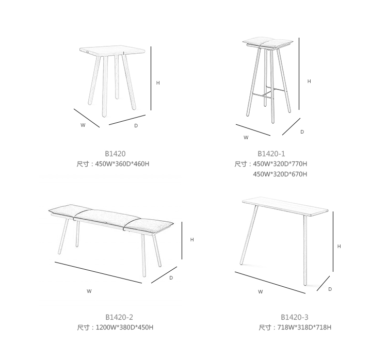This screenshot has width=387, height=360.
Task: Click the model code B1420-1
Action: [271, 154]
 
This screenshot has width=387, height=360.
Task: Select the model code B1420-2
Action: [119, 317]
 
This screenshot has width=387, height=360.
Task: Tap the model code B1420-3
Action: [295, 317]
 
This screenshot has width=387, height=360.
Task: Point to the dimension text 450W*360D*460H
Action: [122, 164]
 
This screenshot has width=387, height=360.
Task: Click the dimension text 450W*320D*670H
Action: [280, 174]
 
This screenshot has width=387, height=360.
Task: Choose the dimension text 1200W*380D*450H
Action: [125, 328]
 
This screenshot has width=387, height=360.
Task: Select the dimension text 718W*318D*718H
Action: [304, 328]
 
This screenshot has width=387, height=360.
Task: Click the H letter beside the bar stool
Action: [309, 81]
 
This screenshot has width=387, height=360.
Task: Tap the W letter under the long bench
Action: [89, 291]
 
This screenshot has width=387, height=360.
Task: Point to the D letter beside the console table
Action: [330, 289]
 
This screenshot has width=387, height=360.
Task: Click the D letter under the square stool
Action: [136, 126]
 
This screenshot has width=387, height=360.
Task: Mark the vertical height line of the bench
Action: [182, 240]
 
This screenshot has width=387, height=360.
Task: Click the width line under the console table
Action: [270, 283]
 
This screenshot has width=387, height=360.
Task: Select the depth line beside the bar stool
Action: [291, 126]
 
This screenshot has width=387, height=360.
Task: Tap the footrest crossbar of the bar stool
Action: [270, 92]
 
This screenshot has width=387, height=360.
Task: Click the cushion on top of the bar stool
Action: [267, 42]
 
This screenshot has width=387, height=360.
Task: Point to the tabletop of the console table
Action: [285, 206]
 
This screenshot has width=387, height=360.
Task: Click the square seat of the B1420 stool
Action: [112, 51]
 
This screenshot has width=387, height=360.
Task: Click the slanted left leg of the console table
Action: [249, 235]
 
